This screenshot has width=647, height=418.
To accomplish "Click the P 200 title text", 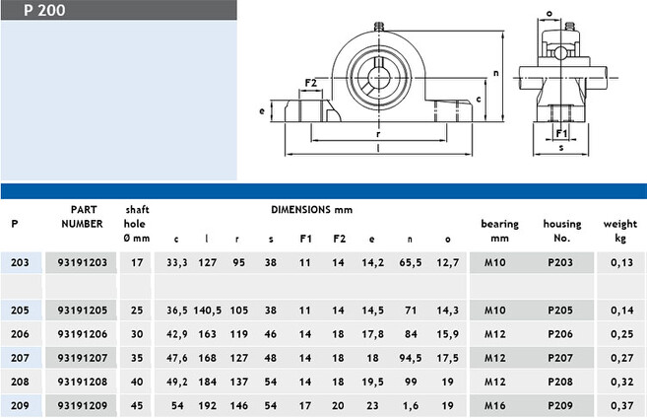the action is (x=44, y=10).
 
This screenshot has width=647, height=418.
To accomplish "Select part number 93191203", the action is (x=82, y=262).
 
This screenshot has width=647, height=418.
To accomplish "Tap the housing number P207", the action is (x=560, y=358).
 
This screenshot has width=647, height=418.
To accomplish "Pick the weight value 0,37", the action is (x=621, y=406).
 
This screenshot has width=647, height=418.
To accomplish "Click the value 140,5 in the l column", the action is (x=208, y=311).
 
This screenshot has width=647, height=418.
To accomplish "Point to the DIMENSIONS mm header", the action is (x=311, y=209).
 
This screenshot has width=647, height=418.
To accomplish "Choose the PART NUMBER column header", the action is (x=83, y=217).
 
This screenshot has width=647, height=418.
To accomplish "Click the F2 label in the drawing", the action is (x=311, y=83).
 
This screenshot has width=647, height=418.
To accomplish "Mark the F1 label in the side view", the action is (x=561, y=133).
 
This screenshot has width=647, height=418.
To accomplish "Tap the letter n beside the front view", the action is (x=496, y=73).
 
